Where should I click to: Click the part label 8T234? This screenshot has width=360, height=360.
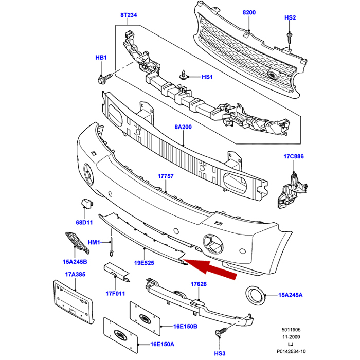(x=129, y=16)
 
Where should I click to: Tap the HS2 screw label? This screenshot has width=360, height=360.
(x=290, y=17)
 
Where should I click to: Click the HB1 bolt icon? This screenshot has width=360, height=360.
(x=101, y=79)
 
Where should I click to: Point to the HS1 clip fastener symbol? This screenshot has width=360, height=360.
(x=183, y=75)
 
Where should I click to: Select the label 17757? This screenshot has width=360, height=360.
(x=165, y=176)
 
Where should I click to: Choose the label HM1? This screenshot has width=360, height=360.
(x=94, y=242)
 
